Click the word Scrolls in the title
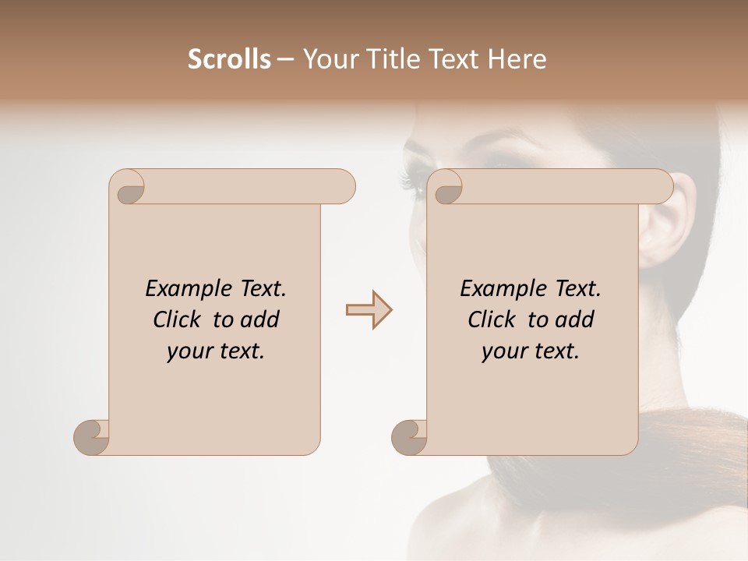click(229, 59)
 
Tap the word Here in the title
click(517, 59)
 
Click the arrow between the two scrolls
click(369, 310)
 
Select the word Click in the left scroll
click(180, 319)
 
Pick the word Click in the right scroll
click(495, 319)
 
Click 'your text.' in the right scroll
click(531, 351)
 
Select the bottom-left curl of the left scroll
click(91, 437)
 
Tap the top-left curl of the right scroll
click(446, 187)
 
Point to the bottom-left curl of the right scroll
click(409, 437)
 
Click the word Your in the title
click(328, 59)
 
